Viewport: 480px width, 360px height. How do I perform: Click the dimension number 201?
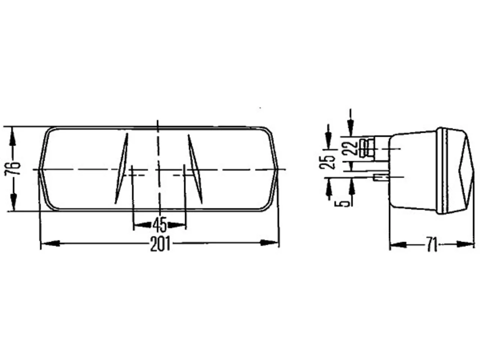click(160, 244)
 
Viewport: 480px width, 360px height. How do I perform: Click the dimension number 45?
click(160, 225)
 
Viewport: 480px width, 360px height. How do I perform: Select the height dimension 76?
click(12, 168)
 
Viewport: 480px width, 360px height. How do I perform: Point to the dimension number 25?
click(327, 162)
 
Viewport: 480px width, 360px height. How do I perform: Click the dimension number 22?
click(350, 148)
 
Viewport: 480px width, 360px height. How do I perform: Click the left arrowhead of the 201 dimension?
click(51, 243)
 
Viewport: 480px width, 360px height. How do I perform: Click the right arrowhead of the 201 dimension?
click(269, 243)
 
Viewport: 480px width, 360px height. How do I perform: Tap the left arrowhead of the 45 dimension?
click(142, 225)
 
